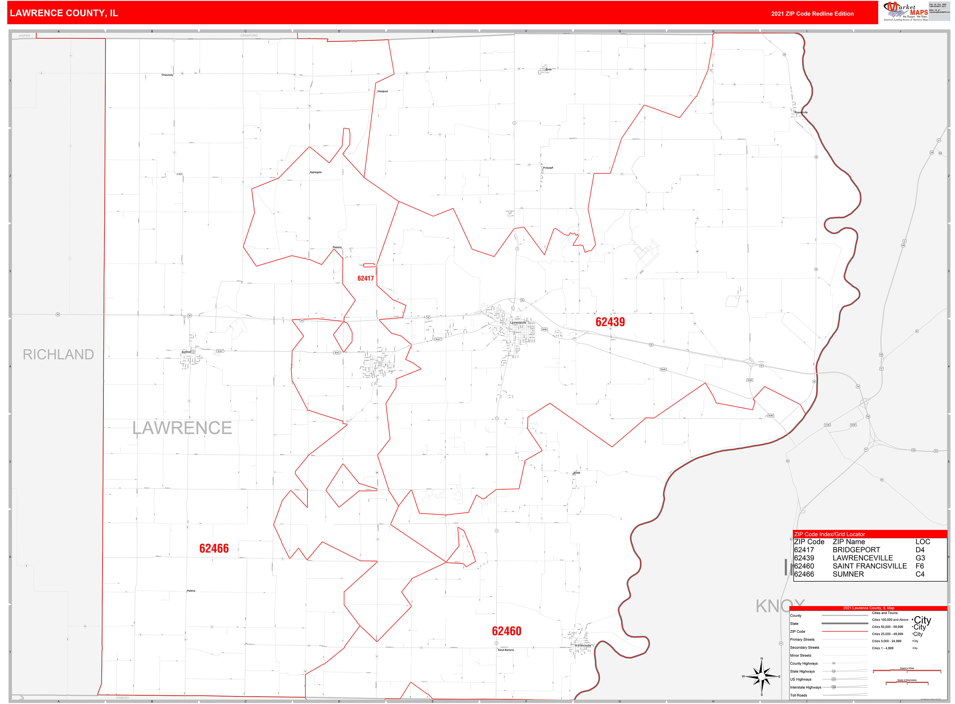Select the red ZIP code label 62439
610,322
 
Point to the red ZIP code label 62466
214,549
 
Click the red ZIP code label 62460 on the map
507,631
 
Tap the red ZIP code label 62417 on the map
366,278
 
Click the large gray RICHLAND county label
58,354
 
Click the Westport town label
382,91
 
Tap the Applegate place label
316,172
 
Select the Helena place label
191,591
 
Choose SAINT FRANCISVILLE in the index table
869,566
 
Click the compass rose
761,676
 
